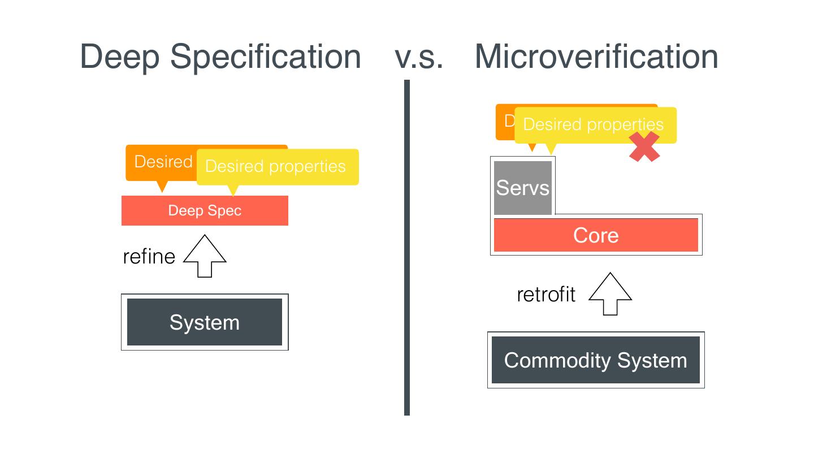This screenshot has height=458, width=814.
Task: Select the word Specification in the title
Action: pyautogui.click(x=266, y=57)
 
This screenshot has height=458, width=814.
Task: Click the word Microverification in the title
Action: pyautogui.click(x=596, y=57)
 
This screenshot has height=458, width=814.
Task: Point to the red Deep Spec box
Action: pyautogui.click(x=205, y=211)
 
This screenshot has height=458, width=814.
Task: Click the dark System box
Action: pyautogui.click(x=205, y=322)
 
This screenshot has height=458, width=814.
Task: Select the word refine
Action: pyautogui.click(x=149, y=257)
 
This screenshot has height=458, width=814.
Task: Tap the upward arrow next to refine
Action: pyautogui.click(x=205, y=257)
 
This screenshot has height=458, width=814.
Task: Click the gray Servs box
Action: pyautogui.click(x=522, y=188)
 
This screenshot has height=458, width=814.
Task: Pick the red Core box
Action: pyautogui.click(x=596, y=235)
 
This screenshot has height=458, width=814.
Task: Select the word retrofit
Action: pyautogui.click(x=546, y=295)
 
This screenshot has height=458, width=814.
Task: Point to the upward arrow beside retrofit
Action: pyautogui.click(x=610, y=294)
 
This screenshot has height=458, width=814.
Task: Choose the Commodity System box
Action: pyautogui.click(x=596, y=360)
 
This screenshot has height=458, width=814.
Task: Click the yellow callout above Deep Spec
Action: pyautogui.click(x=277, y=167)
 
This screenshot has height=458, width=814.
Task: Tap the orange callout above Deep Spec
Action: pyautogui.click(x=161, y=162)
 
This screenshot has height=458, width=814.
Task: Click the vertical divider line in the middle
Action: pyautogui.click(x=407, y=249)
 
